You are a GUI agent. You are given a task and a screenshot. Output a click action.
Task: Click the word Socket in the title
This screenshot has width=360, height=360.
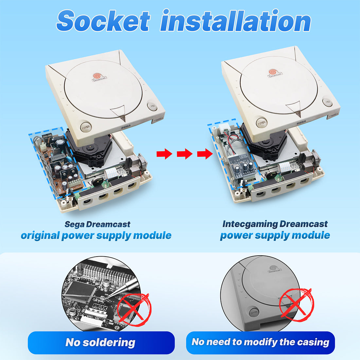click(x=103, y=21)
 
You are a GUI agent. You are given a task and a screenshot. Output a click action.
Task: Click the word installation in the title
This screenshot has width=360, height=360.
click(x=236, y=20)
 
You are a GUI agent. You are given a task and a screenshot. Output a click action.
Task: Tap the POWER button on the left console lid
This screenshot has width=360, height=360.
click(x=86, y=127)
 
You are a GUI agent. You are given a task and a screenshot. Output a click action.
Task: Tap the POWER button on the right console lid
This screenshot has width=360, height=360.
click(x=261, y=123)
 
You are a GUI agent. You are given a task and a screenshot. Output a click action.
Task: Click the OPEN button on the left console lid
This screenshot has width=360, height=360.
click(x=152, y=107)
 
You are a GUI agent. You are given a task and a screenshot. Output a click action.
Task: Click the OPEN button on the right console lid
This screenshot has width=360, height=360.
click(x=327, y=102)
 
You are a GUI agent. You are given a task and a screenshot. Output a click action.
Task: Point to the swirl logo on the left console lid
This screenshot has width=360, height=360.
click(x=97, y=76)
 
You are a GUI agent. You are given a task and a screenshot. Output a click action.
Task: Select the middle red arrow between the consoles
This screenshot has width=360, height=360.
click(x=185, y=153)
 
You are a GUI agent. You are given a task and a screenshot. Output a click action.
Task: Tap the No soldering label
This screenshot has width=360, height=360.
click(x=100, y=342)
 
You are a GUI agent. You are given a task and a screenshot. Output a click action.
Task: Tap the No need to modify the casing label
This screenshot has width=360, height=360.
click(x=261, y=342)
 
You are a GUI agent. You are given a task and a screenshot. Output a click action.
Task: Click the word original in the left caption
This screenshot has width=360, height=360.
click(x=40, y=236)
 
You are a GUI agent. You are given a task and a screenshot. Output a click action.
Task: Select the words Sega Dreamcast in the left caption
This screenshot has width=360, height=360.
click(x=97, y=224)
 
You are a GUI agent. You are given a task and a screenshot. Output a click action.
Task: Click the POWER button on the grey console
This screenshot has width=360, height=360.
click(x=254, y=312)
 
